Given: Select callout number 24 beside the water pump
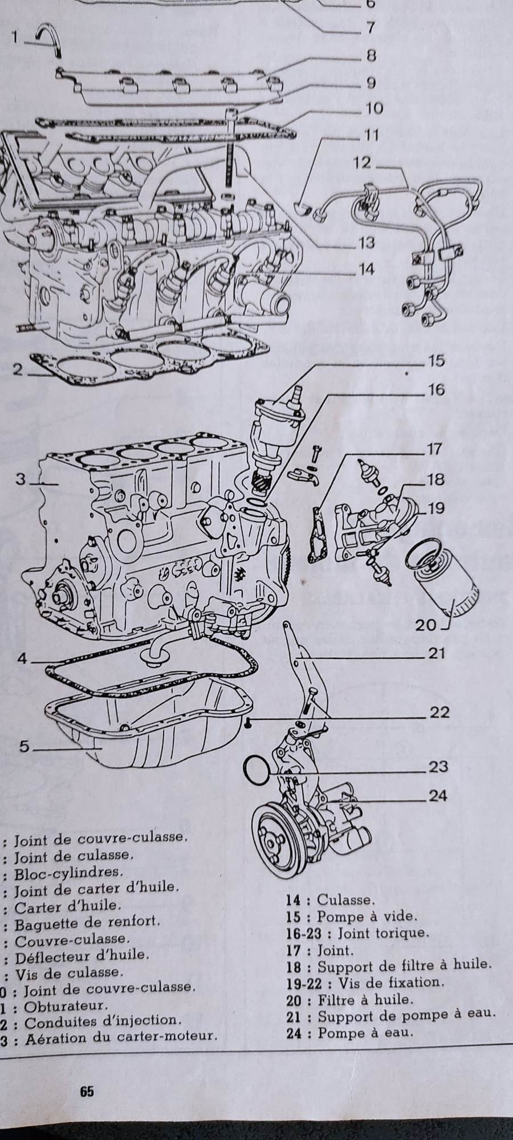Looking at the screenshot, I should [x=437, y=796].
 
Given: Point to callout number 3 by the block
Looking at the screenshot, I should [x=21, y=479].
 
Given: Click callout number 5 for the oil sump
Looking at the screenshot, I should [x=24, y=747].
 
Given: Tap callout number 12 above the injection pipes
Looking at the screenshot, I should [x=362, y=162].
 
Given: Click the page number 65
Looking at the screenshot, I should [x=87, y=1091].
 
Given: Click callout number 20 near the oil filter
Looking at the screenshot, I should [x=425, y=625].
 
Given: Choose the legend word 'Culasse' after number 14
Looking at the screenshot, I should [x=345, y=900].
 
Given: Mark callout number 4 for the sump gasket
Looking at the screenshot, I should [x=22, y=658].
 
